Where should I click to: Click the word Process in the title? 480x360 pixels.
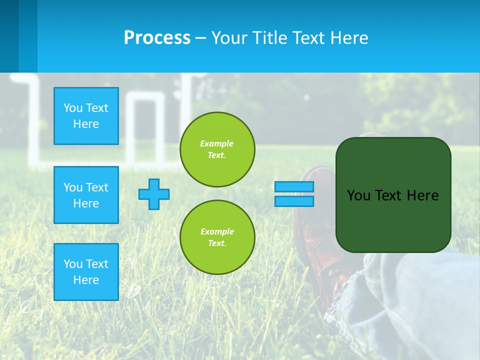(x=157, y=38)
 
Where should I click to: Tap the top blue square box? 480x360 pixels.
(x=86, y=116)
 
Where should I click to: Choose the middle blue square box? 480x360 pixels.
(x=86, y=195)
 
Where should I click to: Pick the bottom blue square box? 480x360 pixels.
(x=86, y=272)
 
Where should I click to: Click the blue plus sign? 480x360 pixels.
(x=154, y=194)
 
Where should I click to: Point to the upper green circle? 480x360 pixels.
(x=217, y=149)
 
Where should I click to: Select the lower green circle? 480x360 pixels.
(x=217, y=237)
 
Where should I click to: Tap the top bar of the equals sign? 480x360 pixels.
(x=294, y=187)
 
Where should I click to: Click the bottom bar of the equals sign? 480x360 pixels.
(x=294, y=201)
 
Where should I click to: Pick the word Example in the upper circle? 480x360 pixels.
(x=216, y=143)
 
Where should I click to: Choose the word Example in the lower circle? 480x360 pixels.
(x=216, y=231)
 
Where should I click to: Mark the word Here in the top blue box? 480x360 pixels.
(x=86, y=124)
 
